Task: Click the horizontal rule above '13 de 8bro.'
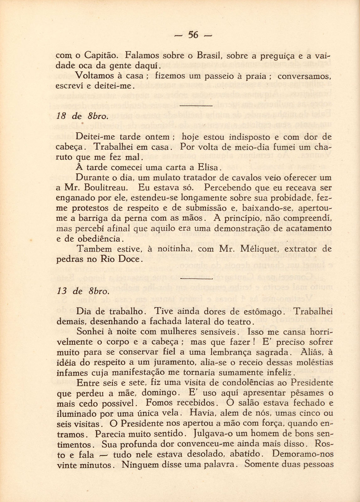197,278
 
